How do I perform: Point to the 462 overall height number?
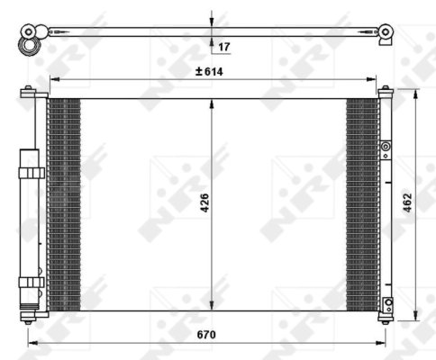pos(407,203)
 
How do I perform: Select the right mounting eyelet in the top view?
pos(386,32)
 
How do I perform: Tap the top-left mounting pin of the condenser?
pos(30,90)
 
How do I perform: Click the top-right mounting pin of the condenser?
pos(386,90)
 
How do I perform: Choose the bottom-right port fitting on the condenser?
pos(387,303)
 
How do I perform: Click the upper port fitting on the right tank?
pos(386,147)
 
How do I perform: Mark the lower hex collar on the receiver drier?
pos(31,282)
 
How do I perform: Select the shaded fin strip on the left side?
pos(63,203)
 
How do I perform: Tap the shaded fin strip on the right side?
pos(362,203)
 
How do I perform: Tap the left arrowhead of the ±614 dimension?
pos(52,79)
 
